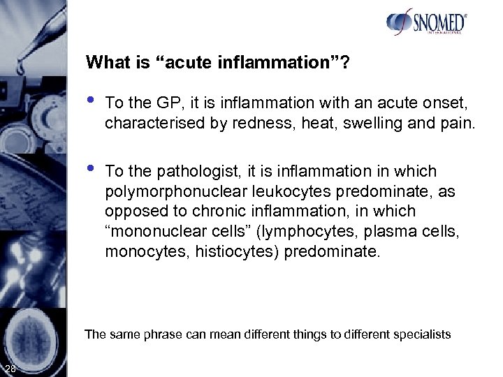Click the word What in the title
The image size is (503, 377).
coord(105,63)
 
